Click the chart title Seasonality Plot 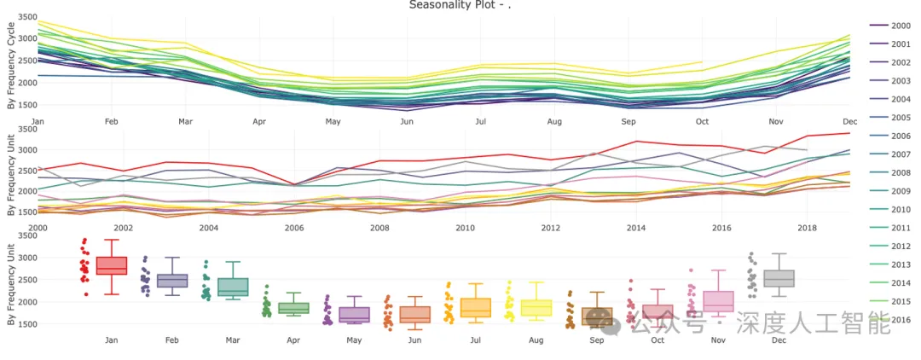(x=460, y=5)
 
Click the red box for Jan (x=112, y=265)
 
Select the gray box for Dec (x=779, y=278)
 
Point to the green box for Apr (x=293, y=308)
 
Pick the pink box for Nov (x=718, y=301)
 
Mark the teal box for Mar (x=233, y=287)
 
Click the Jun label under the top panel (x=407, y=122)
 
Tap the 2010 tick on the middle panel (x=465, y=229)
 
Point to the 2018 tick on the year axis (x=808, y=229)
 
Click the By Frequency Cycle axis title (x=10, y=66)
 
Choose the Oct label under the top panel (x=702, y=122)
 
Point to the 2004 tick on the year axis (x=208, y=229)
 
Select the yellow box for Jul (x=475, y=308)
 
